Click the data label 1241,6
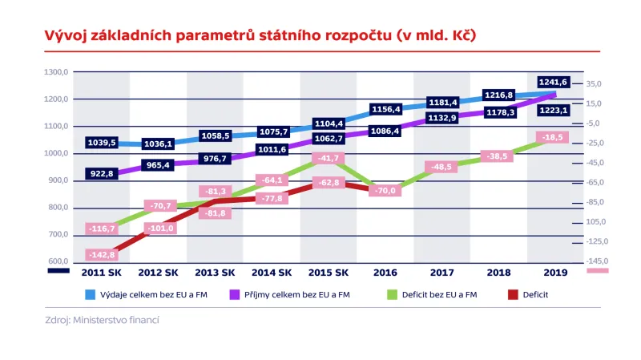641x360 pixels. tap(554, 82)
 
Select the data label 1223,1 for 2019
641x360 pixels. tap(554, 110)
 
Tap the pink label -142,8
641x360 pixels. tap(102, 255)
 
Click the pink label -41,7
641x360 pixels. tap(328, 159)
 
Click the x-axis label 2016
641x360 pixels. tap(385, 273)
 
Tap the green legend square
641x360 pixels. tap(392, 294)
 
